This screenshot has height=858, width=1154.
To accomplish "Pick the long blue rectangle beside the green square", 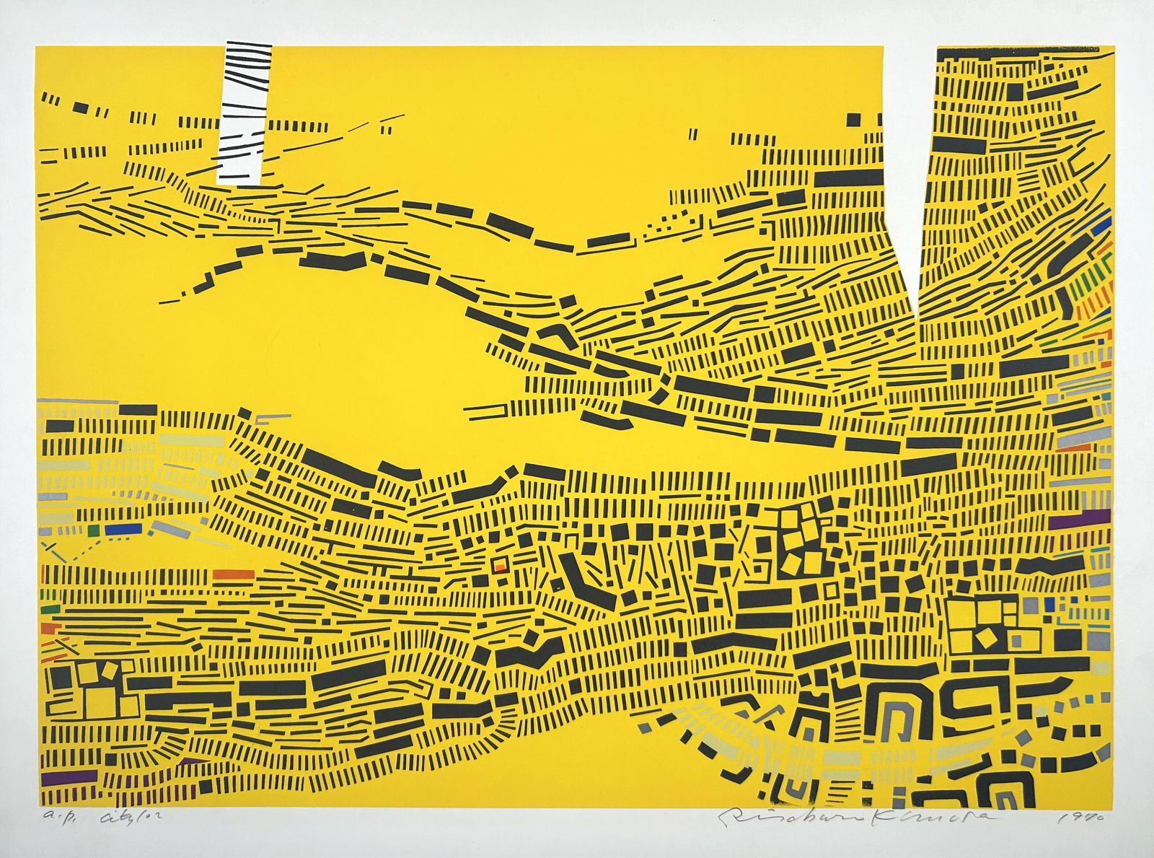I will coord(120,529).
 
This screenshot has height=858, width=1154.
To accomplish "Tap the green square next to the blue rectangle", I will coord(92,530).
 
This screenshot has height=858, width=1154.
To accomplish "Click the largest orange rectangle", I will coord(233,574).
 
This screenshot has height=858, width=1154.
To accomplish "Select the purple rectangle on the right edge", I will coord(1079,519).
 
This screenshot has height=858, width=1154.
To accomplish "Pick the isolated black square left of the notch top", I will coord(854,119).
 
